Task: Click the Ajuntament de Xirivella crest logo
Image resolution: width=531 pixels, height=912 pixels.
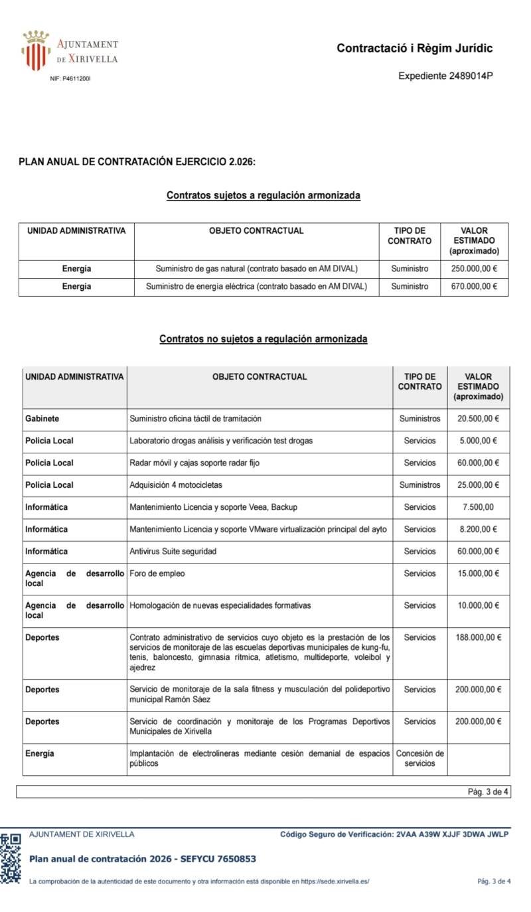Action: coord(36,50)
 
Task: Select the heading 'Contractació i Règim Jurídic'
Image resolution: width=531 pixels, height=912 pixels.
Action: coord(414,48)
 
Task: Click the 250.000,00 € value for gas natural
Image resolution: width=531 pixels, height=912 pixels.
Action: coord(474,269)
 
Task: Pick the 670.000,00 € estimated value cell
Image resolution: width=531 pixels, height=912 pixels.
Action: coord(474,286)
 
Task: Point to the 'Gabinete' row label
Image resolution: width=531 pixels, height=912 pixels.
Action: coord(42,419)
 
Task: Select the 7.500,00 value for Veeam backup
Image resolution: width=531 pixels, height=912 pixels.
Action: coord(477,507)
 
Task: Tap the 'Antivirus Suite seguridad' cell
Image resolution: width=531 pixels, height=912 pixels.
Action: coord(173,552)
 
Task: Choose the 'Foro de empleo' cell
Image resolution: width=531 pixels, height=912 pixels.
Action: coord(157,573)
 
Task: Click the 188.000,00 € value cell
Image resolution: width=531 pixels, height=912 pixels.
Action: coord(478,637)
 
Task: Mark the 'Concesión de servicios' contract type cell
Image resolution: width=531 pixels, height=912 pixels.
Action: coord(419,758)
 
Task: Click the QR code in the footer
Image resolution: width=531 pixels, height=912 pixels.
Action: coord(11,858)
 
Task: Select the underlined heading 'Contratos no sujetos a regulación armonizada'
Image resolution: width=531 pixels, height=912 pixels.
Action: coord(263,339)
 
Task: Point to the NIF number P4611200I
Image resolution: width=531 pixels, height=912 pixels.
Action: coord(70,79)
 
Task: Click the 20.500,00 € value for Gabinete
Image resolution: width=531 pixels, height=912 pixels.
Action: coord(478,419)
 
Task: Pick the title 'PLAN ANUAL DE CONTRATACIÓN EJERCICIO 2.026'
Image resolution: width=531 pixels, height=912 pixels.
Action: coord(137,161)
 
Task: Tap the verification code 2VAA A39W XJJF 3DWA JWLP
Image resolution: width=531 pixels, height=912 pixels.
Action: coord(451,834)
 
